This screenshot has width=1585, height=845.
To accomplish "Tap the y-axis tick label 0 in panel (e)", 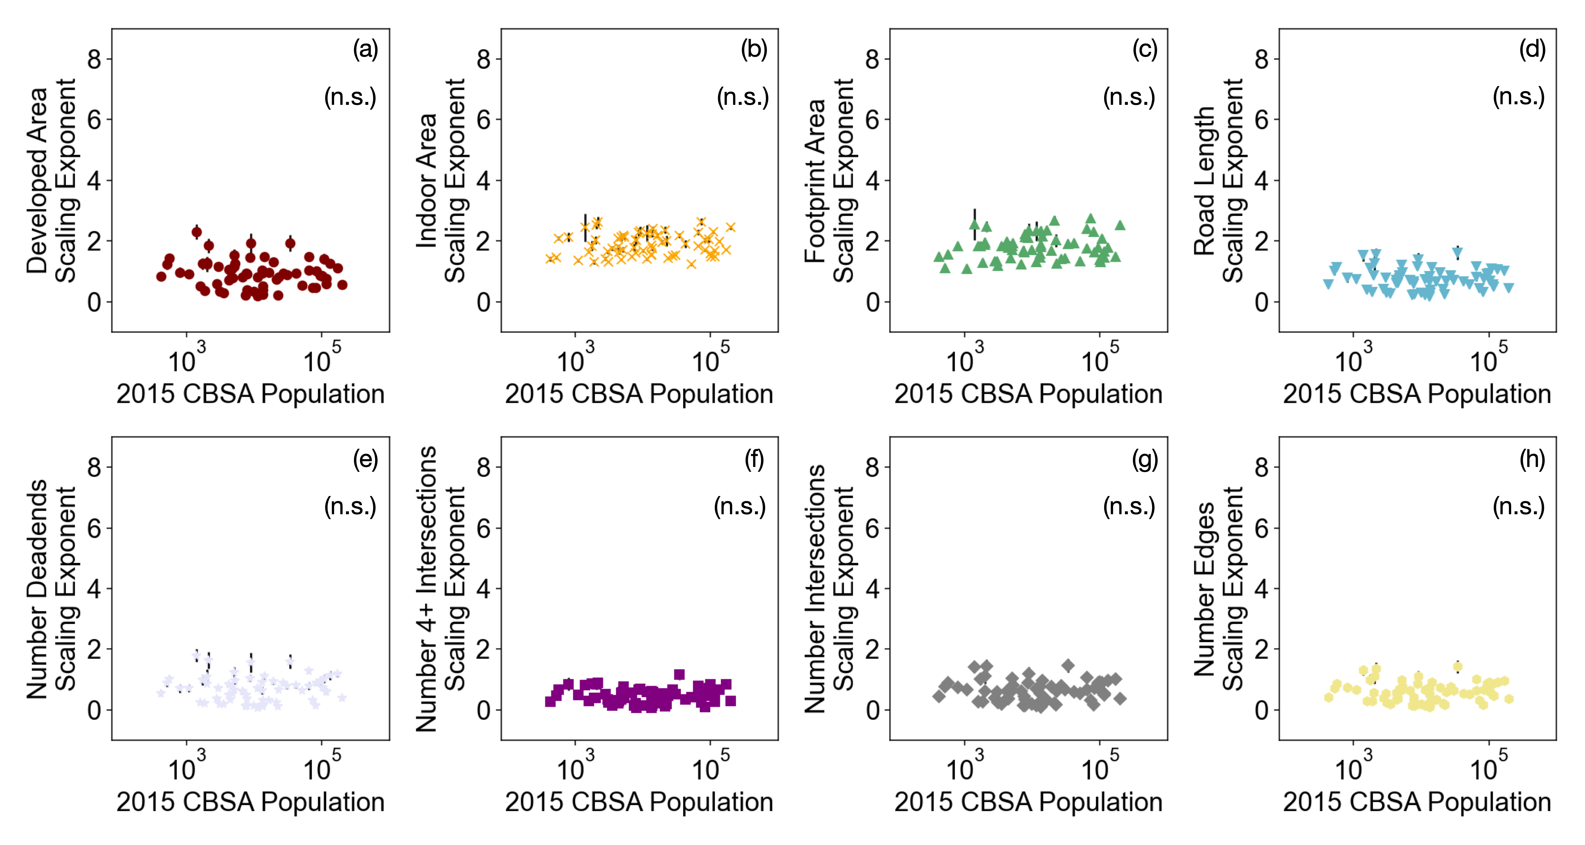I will (94, 710).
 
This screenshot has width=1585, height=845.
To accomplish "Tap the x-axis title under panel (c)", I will (1028, 394).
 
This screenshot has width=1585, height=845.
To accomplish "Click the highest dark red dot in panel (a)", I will (197, 232).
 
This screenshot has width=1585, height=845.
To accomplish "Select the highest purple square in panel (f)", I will (679, 674).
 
